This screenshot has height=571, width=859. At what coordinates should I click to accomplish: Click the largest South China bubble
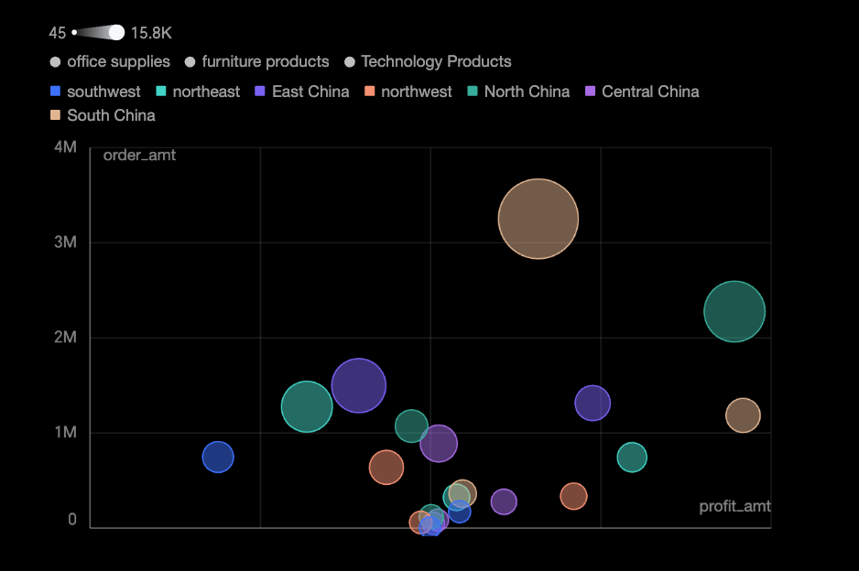click(538, 219)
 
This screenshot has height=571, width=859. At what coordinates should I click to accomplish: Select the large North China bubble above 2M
click(734, 311)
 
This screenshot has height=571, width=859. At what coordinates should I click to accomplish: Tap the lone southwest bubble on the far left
click(218, 457)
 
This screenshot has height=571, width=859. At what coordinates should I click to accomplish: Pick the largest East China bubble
click(359, 385)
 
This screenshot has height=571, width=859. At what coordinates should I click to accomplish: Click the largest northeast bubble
click(307, 406)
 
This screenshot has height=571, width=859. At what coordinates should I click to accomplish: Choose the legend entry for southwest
click(96, 92)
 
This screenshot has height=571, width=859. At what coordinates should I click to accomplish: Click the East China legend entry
click(302, 92)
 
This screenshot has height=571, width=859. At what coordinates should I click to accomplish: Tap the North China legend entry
click(518, 92)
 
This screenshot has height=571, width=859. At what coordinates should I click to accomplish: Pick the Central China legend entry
click(642, 92)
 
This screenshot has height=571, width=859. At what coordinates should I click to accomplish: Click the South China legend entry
click(103, 115)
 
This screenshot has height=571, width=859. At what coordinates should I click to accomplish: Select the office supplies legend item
click(110, 61)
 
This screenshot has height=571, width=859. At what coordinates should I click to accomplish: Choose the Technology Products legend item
click(428, 61)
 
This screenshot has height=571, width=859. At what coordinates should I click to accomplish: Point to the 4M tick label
click(65, 147)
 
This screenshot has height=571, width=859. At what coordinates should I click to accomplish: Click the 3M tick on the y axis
click(65, 242)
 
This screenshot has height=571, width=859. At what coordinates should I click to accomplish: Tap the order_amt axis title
click(139, 156)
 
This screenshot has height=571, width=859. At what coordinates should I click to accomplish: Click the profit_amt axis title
click(734, 506)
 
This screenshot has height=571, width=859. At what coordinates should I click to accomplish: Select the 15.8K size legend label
click(151, 33)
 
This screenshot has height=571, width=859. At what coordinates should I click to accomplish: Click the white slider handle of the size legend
click(116, 33)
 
